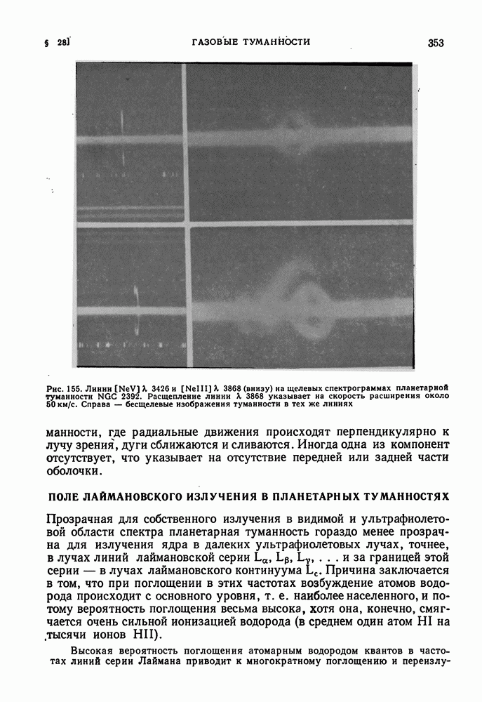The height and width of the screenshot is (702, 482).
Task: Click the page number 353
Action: (435, 43)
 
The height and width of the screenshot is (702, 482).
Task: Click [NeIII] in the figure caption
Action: (201, 388)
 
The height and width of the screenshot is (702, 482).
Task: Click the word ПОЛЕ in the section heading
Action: (63, 496)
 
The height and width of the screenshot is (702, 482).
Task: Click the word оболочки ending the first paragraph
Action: (73, 472)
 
